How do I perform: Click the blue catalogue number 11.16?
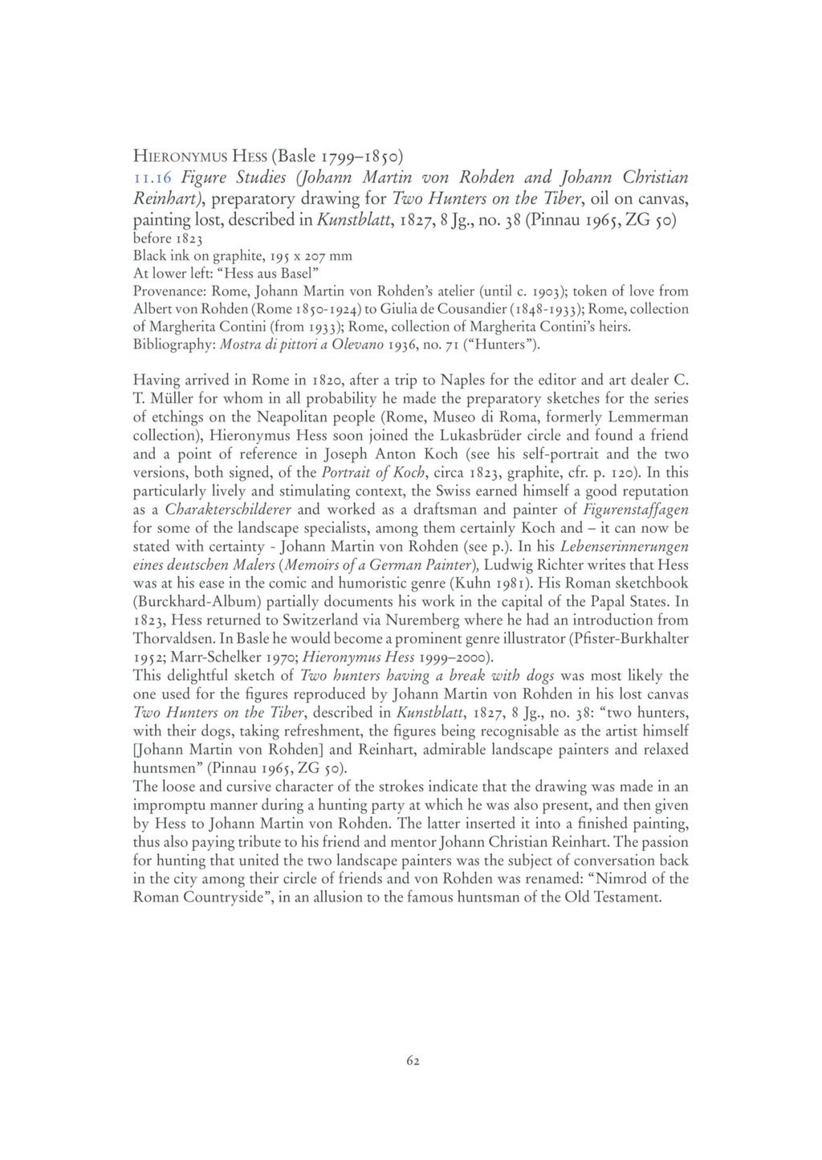[149, 177]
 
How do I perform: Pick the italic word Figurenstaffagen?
[639, 510]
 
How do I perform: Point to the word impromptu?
[171, 805]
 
